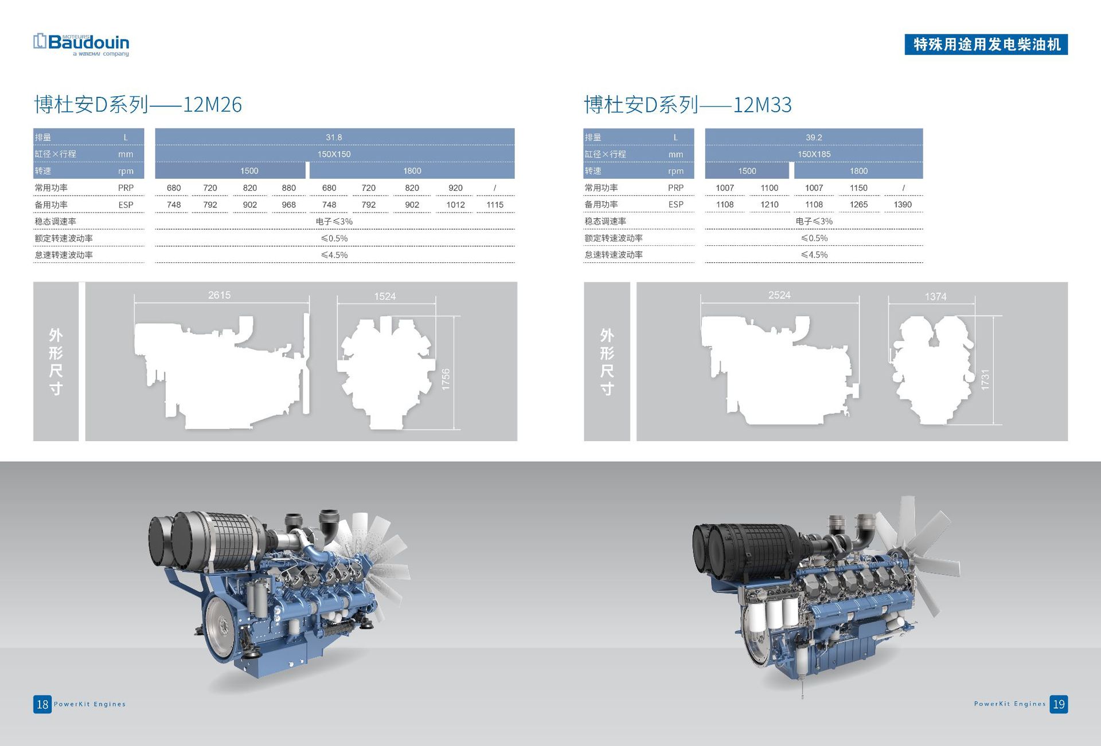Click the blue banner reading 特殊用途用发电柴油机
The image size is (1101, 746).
[x=986, y=45]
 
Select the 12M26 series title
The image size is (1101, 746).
[x=138, y=105]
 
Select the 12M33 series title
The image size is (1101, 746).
[x=688, y=105]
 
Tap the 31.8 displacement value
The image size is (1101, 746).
[x=334, y=138]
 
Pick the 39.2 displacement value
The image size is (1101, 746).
[x=814, y=138]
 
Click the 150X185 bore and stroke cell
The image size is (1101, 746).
[x=814, y=154]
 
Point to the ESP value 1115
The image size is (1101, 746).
[x=495, y=205]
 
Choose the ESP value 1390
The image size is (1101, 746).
[x=903, y=205]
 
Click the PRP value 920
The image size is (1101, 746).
[x=455, y=188]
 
